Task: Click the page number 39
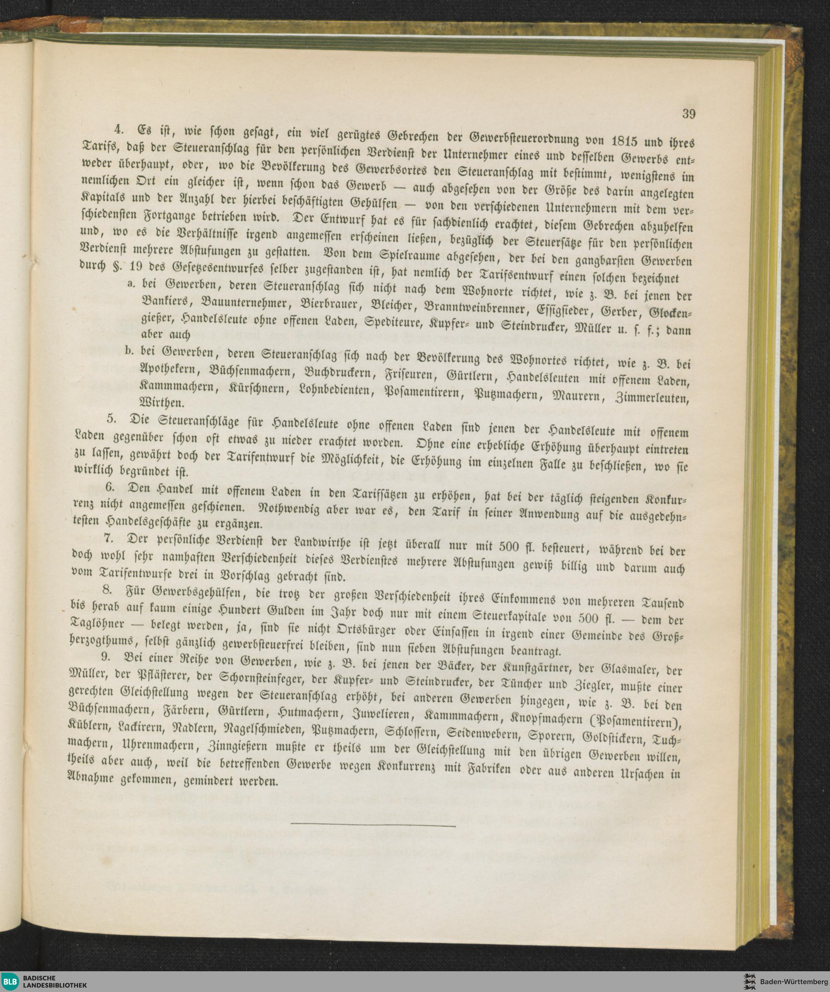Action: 688,114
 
